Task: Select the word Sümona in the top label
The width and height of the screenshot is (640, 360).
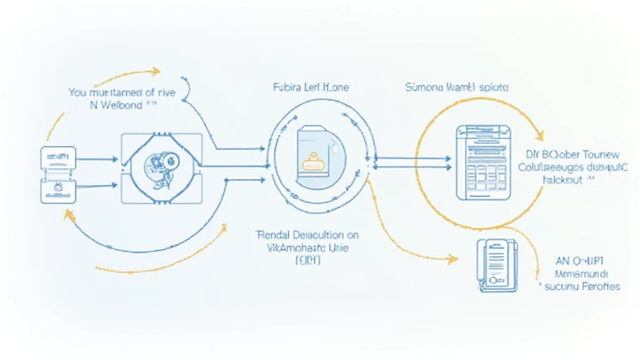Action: click(423, 87)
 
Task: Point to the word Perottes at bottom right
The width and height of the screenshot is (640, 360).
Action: click(599, 286)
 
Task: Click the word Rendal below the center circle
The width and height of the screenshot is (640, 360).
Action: click(275, 236)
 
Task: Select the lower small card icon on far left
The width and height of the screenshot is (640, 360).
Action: click(57, 189)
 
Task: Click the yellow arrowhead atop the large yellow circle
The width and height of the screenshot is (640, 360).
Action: click(539, 134)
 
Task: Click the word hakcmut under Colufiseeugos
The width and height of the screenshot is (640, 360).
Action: click(560, 179)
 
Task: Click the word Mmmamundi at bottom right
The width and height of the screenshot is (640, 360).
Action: click(582, 274)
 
